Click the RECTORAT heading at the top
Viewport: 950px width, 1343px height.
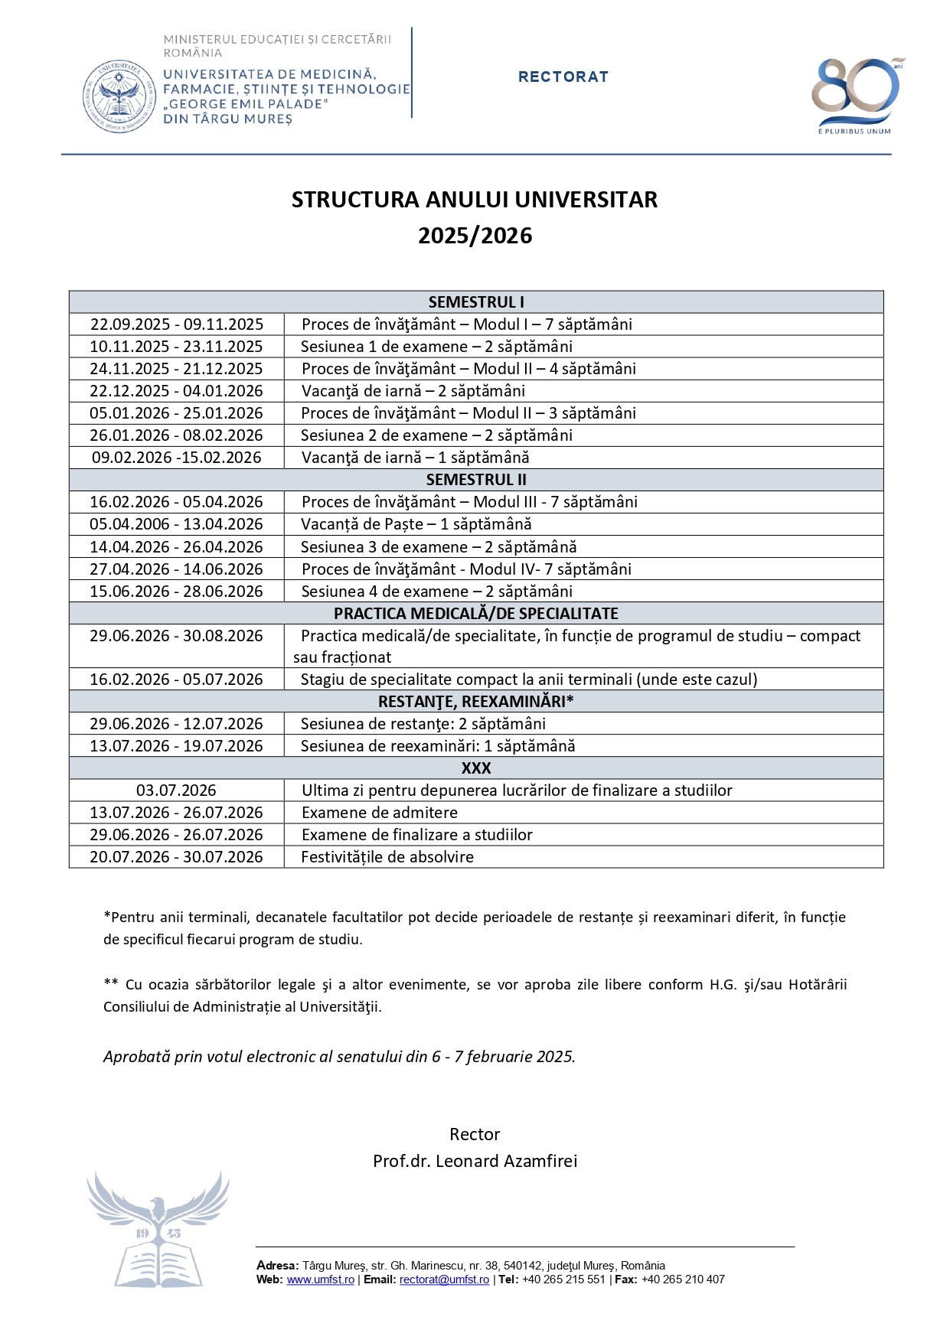point(563,77)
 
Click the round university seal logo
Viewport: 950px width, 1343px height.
point(119,97)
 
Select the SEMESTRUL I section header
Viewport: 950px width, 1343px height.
point(475,302)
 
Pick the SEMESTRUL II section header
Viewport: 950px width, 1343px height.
point(475,480)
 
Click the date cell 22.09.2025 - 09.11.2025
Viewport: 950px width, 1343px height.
point(176,324)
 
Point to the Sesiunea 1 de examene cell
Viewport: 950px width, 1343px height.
point(436,347)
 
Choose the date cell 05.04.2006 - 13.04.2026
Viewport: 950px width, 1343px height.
point(176,524)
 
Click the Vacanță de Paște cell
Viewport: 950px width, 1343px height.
point(416,524)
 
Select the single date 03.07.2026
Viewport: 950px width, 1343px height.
point(176,790)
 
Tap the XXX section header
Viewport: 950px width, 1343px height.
point(475,768)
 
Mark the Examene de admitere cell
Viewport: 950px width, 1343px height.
point(380,813)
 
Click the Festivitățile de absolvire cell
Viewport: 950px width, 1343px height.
point(387,857)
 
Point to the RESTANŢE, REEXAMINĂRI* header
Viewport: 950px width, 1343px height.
point(475,702)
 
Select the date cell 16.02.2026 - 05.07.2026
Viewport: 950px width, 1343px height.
point(176,680)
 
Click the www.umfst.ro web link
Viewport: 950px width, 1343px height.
point(320,1279)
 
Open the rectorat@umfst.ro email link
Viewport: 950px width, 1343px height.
point(444,1279)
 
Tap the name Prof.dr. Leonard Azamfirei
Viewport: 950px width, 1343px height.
point(475,1161)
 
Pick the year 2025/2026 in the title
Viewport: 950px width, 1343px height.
point(475,236)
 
